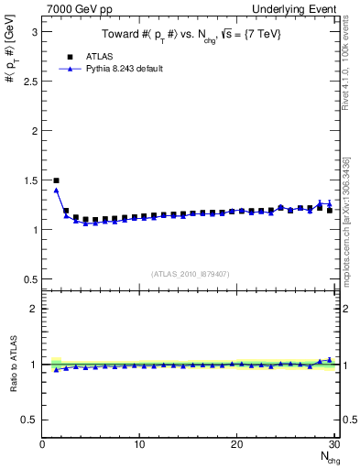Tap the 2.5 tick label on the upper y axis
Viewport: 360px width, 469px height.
click(29, 81)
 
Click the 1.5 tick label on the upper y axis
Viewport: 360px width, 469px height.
click(29, 180)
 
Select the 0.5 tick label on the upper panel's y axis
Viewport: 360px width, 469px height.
click(29, 278)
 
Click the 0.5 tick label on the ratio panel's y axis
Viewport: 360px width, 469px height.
click(29, 420)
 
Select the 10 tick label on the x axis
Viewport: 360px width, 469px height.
click(139, 444)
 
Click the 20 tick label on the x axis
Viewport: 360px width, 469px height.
click(236, 444)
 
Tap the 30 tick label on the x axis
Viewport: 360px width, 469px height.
click(333, 444)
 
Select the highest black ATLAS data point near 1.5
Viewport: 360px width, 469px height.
click(56, 180)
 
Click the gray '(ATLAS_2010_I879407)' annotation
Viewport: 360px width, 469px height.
click(190, 272)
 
